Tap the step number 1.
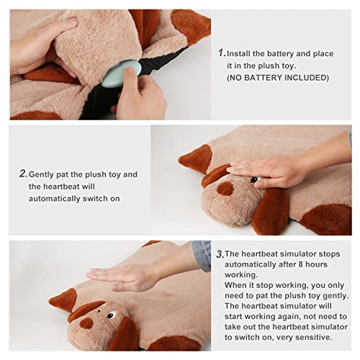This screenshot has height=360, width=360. coord(222,53)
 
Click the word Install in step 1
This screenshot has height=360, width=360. coord(238,53)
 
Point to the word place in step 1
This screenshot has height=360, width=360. coord(323,54)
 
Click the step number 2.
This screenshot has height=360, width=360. coord(24,174)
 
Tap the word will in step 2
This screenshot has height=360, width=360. coord(89,186)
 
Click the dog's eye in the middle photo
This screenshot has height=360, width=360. coord(255,179)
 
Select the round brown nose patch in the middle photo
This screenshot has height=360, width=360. coord(225,189)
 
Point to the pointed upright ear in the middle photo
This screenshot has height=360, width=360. coord(197,158)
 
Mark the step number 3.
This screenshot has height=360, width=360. coord(220,254)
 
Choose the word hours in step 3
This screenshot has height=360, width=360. coord(317,264)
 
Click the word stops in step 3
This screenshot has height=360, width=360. coord(329,254)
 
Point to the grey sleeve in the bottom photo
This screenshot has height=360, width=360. coord(202,256)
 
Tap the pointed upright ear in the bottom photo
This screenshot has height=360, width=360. coord(63,300)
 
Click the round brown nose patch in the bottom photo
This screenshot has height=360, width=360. coord(86,323)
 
